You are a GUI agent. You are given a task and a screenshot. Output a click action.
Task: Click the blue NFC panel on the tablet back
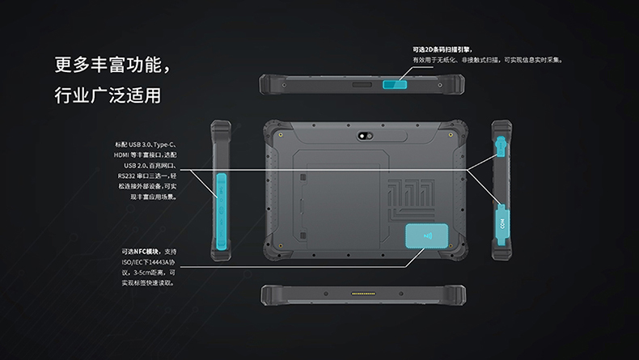click(427, 235)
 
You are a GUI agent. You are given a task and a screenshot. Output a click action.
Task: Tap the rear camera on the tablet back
click(365, 136)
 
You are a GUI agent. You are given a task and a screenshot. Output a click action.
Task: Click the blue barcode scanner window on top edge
click(395, 84)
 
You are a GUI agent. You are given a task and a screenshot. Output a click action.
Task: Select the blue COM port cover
click(502, 224)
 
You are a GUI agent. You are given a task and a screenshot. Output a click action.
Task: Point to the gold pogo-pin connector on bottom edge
click(363, 294)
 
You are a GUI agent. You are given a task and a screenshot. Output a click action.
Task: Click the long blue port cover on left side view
click(222, 211)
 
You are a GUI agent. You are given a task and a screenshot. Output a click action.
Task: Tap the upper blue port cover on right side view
click(501, 146)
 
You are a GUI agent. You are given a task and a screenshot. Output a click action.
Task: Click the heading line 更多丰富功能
click(113, 65)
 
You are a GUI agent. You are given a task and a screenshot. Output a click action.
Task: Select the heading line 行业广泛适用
click(108, 95)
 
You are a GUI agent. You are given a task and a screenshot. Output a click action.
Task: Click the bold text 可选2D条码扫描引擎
click(442, 49)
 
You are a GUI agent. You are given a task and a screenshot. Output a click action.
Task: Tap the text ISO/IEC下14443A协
click(148, 262)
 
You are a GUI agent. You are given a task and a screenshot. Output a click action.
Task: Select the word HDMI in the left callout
click(121, 155)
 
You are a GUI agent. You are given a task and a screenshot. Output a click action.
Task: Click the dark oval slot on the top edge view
click(362, 85)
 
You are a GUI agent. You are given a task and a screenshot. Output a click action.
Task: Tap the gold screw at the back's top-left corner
click(281, 134)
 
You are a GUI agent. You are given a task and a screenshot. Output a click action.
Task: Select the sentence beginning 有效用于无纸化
click(488, 61)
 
